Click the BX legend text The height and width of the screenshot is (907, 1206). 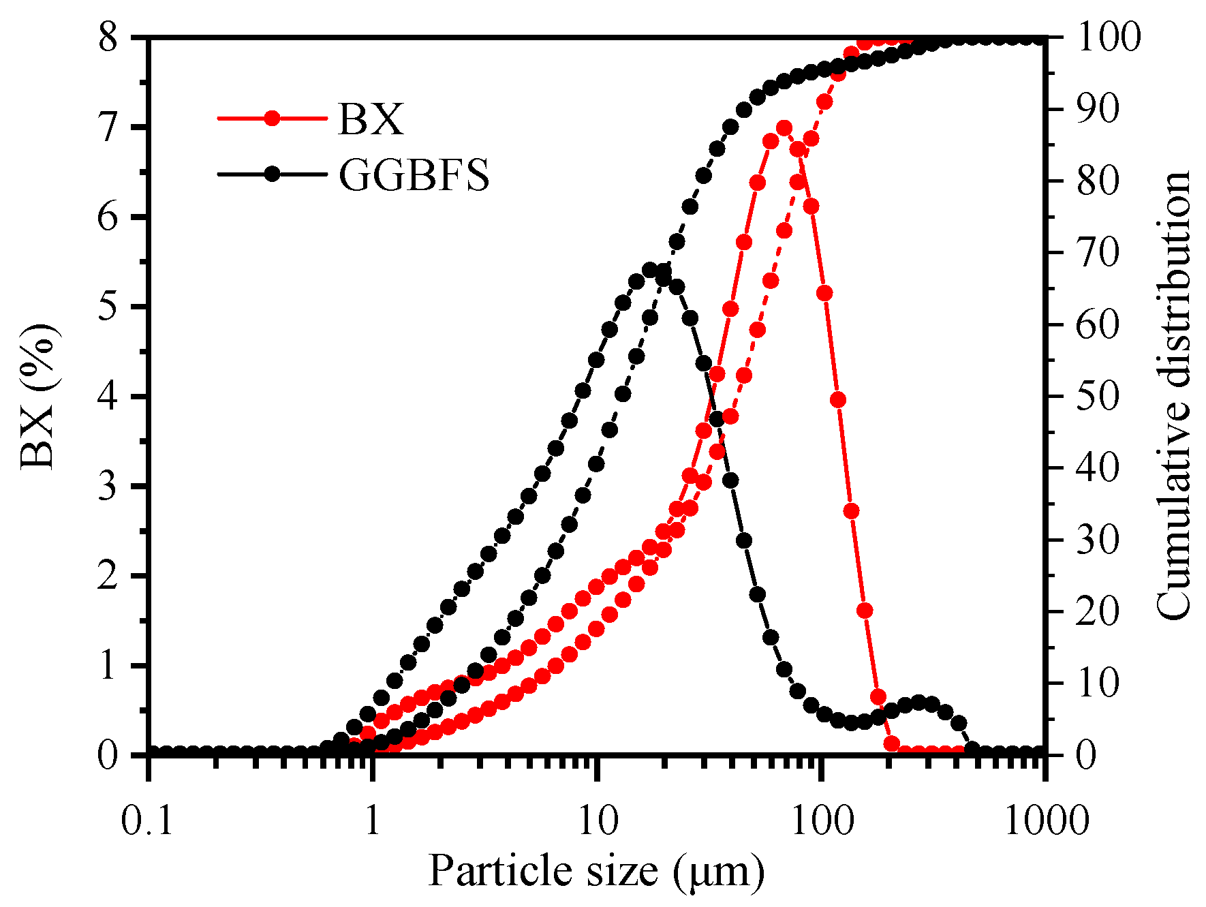[371, 120]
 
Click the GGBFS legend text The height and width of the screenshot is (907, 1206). [414, 176]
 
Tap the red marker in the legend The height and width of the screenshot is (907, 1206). [272, 119]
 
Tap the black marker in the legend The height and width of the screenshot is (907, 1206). [272, 174]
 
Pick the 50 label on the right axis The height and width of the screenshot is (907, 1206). [1097, 397]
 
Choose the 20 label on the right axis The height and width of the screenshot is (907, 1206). [1097, 612]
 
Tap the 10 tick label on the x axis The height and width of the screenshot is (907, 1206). [597, 820]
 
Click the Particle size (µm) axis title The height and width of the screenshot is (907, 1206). [596, 872]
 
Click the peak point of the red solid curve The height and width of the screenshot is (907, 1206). [784, 128]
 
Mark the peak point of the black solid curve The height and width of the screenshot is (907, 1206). [650, 270]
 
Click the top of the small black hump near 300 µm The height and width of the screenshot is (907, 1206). [918, 703]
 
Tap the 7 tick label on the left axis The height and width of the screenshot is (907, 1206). [109, 127]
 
